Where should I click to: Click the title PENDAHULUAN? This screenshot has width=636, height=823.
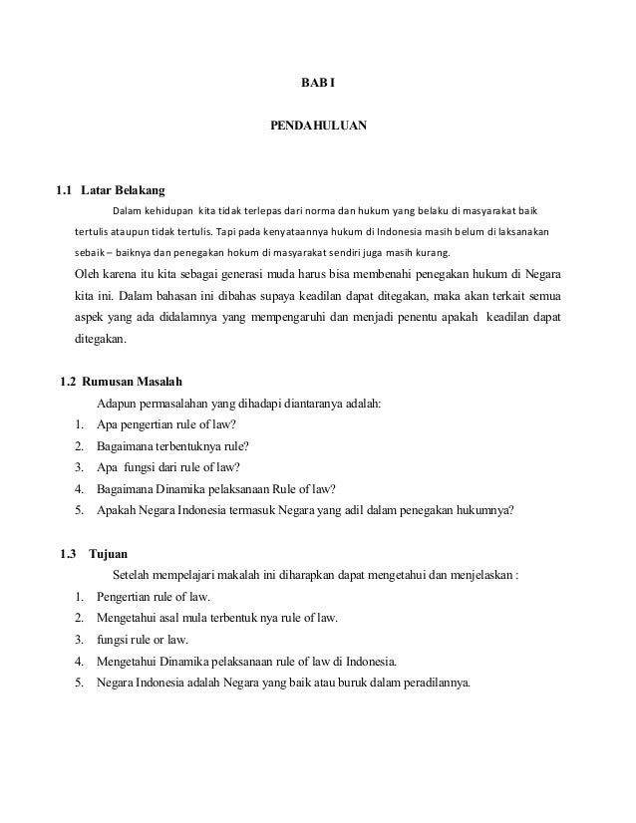pyautogui.click(x=318, y=128)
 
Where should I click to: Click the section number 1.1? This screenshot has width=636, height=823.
pyautogui.click(x=64, y=188)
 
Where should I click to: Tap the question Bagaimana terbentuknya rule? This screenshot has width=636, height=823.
pyautogui.click(x=172, y=444)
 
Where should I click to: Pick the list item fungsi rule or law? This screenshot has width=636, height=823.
pyautogui.click(x=143, y=640)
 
